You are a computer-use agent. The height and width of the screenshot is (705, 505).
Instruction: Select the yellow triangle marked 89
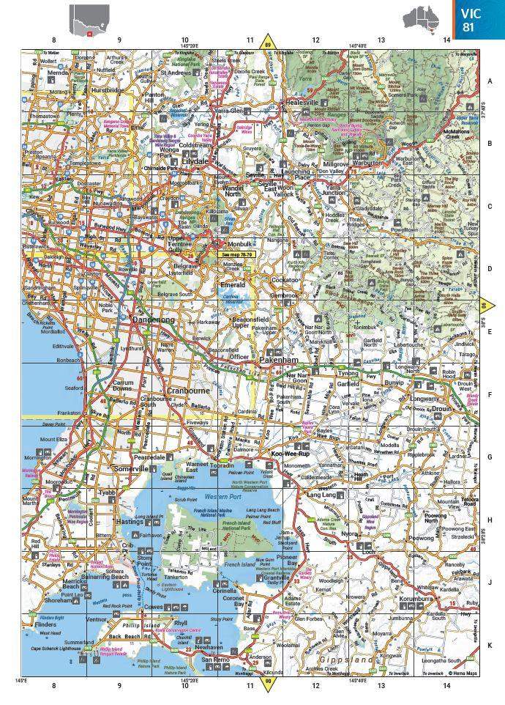[x=268, y=43]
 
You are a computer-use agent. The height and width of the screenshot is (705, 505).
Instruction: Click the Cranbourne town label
[x=188, y=391]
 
